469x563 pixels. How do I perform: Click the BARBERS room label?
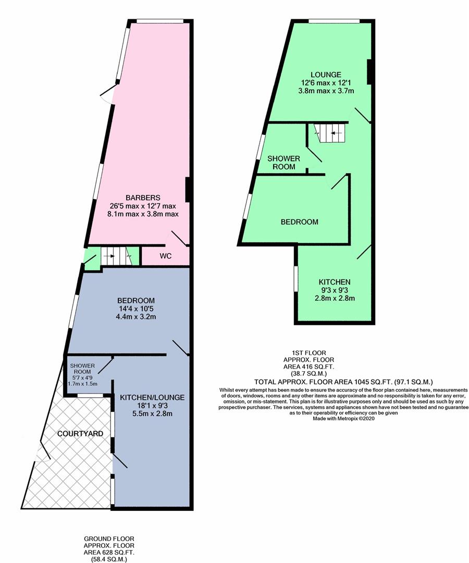pyautogui.click(x=143, y=198)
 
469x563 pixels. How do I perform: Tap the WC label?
pyautogui.click(x=165, y=256)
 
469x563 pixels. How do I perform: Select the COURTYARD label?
pyautogui.click(x=80, y=433)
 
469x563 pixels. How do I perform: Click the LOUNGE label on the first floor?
pyautogui.click(x=326, y=75)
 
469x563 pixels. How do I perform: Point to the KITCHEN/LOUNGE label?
pyautogui.click(x=152, y=397)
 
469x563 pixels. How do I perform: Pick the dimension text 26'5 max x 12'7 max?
pyautogui.click(x=143, y=206)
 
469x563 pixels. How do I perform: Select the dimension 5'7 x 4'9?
pyautogui.click(x=82, y=378)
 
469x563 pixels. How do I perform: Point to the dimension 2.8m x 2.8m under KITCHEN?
pyautogui.click(x=335, y=298)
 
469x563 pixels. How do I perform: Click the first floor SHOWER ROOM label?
pyautogui.click(x=284, y=163)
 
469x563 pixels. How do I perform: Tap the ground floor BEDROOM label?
pyautogui.click(x=136, y=301)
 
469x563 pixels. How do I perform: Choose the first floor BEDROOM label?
pyautogui.click(x=299, y=222)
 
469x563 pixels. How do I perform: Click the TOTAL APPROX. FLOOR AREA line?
pyautogui.click(x=343, y=382)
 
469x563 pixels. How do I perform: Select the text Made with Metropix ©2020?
pyautogui.click(x=344, y=418)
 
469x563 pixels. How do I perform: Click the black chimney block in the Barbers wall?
pyautogui.click(x=187, y=190)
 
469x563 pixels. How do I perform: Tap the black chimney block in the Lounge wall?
pyautogui.click(x=369, y=72)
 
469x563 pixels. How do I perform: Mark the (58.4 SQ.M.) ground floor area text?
pyautogui.click(x=109, y=559)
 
